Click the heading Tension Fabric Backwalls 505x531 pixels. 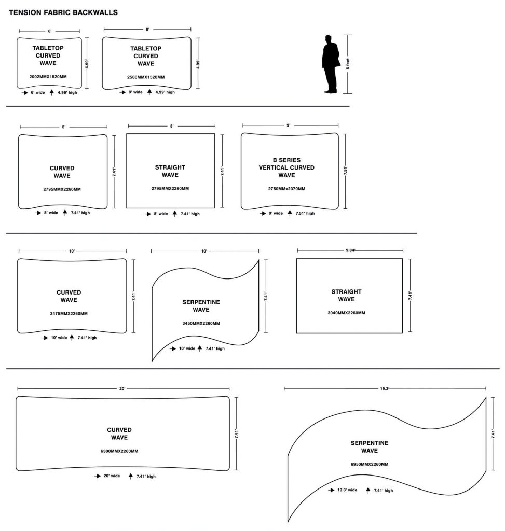(x=63, y=12)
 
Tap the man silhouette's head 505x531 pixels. (x=328, y=39)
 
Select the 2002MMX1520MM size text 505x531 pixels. (x=48, y=77)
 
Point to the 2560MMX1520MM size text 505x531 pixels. (x=146, y=77)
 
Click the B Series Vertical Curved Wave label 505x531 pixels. (x=286, y=167)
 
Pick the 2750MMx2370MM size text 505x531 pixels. (x=286, y=188)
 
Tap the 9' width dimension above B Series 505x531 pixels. (x=289, y=125)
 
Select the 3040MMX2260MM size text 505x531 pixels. (x=346, y=313)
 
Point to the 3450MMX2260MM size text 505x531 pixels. (x=201, y=323)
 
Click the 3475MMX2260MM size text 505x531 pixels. (x=69, y=313)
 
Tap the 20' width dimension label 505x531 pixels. (x=122, y=388)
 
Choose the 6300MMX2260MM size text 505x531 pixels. (x=119, y=451)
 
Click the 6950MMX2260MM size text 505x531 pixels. (x=370, y=464)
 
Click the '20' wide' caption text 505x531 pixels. (x=112, y=476)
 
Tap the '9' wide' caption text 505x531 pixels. (x=276, y=213)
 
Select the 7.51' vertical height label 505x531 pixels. (x=346, y=172)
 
